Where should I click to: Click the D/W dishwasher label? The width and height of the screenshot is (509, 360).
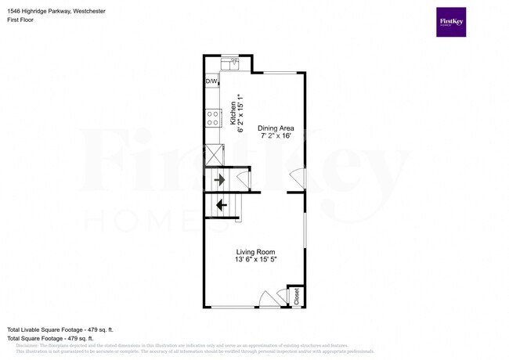pos(211,81)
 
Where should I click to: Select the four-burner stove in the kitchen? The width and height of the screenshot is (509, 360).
pos(211,118)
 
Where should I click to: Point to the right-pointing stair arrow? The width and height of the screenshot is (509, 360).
pos(220,179)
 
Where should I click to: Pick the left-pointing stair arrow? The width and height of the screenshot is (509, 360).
pos(221,205)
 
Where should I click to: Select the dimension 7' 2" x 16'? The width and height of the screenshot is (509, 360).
pos(276,135)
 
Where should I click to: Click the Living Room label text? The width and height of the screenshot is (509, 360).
pos(256,252)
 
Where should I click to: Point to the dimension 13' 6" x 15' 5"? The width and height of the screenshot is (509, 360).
pos(256,261)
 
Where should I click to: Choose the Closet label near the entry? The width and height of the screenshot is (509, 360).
pos(297,297)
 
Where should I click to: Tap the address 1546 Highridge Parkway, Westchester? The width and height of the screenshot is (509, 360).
pos(56,12)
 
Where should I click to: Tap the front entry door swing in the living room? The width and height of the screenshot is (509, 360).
pos(268,299)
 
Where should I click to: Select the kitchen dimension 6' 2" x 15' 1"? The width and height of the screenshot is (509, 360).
pos(240,117)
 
